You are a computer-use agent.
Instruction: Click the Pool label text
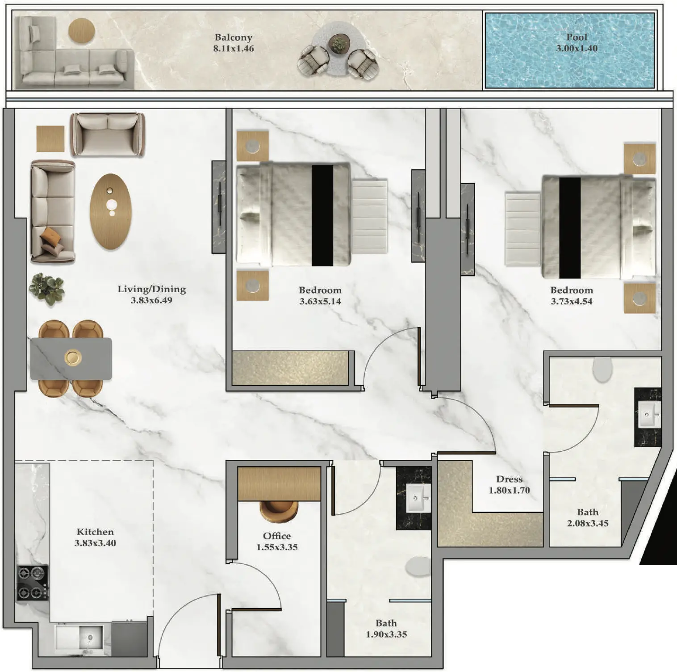(x=577, y=37)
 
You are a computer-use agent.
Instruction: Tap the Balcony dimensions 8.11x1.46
(x=234, y=48)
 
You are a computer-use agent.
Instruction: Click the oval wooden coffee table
(x=111, y=211)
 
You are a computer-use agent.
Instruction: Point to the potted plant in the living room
(x=47, y=289)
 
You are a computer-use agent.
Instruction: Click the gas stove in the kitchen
(x=33, y=583)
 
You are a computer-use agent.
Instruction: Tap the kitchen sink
(x=80, y=637)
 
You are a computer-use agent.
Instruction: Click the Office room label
(x=277, y=536)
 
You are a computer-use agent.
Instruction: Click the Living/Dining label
(x=152, y=289)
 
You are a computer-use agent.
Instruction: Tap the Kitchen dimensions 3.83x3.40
(x=95, y=543)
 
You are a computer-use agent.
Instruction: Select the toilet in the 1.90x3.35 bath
(x=418, y=567)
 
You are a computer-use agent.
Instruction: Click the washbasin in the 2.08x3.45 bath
(x=648, y=415)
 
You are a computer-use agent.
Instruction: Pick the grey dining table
(x=71, y=359)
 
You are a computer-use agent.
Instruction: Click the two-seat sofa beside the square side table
(x=108, y=134)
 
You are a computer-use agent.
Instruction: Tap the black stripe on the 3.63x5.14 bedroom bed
(x=322, y=215)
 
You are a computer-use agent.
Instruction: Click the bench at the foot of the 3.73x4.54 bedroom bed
(x=523, y=229)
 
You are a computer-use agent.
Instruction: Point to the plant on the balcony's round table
(x=338, y=43)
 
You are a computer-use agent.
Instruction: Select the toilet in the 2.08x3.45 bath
(x=602, y=370)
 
